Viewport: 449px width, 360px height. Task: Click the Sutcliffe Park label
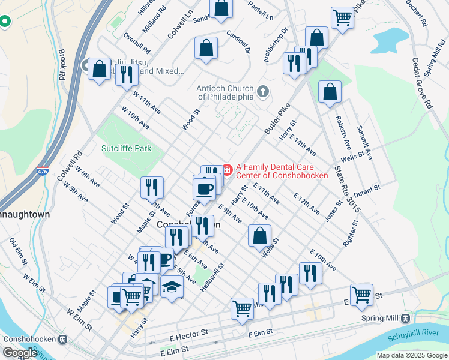126,148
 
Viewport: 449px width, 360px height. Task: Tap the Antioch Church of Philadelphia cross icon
262,92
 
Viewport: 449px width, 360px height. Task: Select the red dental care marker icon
228,170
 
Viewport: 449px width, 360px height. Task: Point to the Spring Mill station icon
406,317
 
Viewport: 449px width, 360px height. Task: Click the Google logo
19,353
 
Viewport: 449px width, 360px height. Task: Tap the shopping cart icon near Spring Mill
361,295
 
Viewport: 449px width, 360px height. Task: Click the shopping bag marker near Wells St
259,235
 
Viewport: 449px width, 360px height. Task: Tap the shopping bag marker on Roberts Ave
330,92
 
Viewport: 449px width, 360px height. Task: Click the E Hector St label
188,332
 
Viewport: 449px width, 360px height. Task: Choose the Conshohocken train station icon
62,339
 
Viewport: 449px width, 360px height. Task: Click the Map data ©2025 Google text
411,355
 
